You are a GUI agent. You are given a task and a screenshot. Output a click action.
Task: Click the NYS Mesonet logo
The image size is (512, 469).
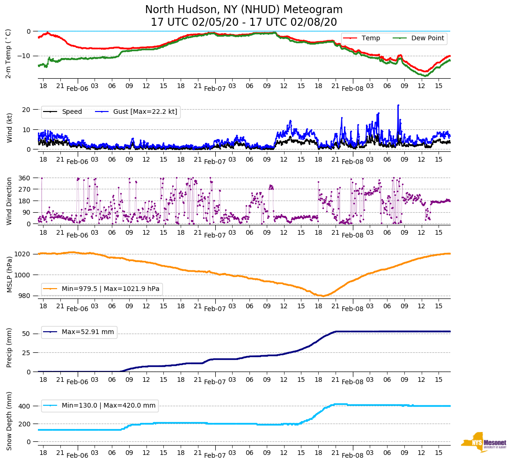[483, 442]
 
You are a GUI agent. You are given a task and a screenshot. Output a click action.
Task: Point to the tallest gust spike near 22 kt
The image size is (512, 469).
[398, 105]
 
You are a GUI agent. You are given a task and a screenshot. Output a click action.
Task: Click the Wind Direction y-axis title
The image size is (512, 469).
[9, 201]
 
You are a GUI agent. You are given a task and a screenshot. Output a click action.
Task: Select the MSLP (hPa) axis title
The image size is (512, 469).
[9, 274]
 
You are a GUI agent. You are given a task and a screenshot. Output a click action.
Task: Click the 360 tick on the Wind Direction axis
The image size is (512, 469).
[24, 178]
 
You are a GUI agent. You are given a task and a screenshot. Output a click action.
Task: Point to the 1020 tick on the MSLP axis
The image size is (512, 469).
[23, 254]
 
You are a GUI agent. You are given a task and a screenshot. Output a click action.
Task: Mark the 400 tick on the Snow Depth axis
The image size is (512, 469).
[25, 406]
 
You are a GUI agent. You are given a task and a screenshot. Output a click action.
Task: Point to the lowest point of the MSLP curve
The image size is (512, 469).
[322, 296]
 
